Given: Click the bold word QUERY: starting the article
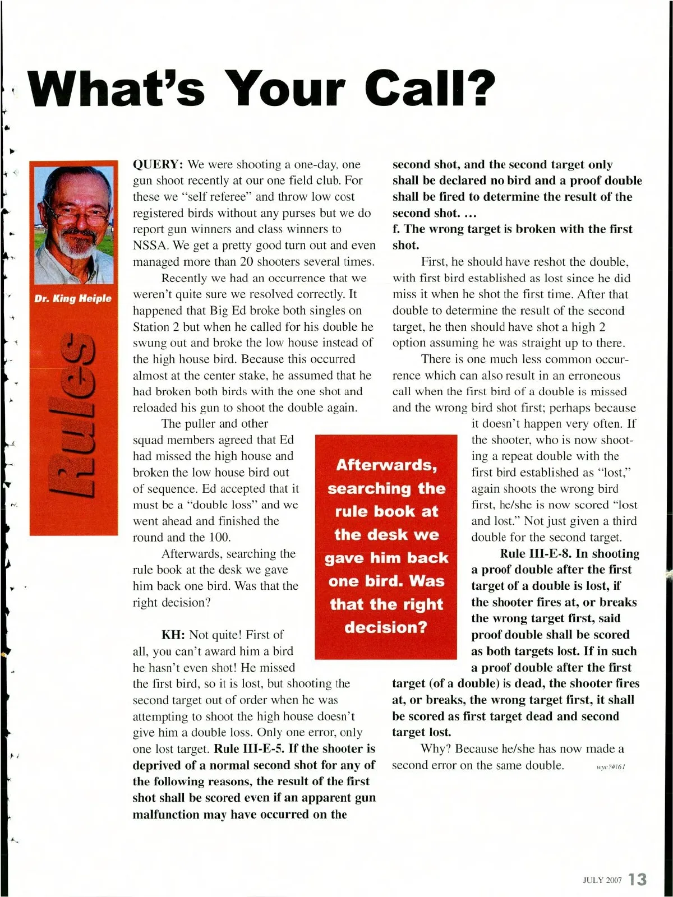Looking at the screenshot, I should (x=158, y=164).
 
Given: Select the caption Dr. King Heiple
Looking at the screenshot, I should (x=73, y=299).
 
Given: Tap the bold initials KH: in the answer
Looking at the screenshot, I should (x=173, y=635).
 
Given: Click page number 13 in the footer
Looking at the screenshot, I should (x=638, y=879).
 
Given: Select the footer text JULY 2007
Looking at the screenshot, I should (x=602, y=880).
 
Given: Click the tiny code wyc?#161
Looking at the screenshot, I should (x=611, y=767).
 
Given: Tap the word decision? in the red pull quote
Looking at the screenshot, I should (x=386, y=627).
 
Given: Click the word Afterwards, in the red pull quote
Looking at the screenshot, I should (x=386, y=465).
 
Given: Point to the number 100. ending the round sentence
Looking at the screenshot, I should (x=220, y=538).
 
